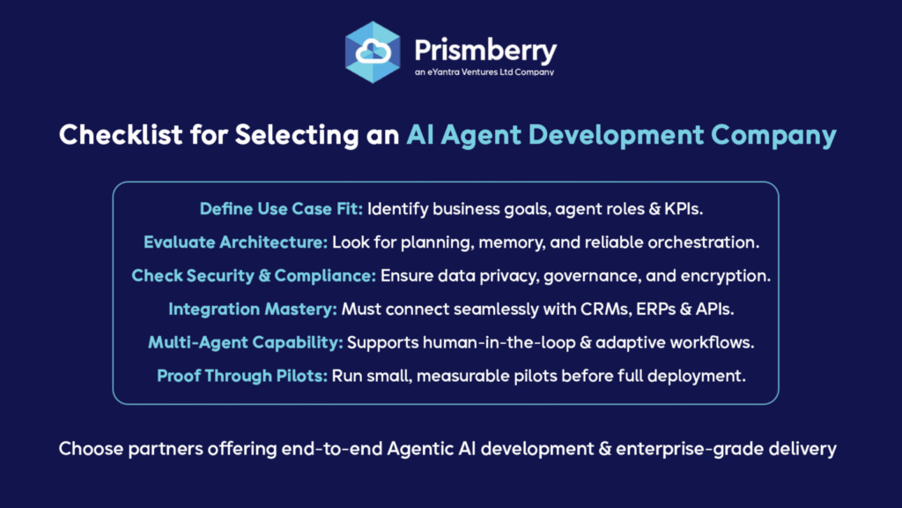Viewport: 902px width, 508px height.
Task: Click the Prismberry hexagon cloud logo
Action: (373, 52)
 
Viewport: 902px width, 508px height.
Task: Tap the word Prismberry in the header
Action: (485, 51)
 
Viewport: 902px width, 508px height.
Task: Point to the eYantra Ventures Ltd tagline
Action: (484, 72)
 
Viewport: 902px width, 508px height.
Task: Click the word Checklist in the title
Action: (121, 135)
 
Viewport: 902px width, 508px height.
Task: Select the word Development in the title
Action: (616, 136)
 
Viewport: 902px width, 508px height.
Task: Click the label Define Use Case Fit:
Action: (281, 208)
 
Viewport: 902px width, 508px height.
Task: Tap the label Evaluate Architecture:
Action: (235, 242)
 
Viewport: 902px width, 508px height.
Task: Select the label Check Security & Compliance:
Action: (254, 276)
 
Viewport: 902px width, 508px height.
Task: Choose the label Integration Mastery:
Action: (253, 310)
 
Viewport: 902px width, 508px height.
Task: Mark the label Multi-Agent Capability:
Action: (246, 343)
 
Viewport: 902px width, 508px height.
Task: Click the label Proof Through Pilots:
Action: (242, 376)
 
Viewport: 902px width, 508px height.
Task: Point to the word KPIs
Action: (684, 208)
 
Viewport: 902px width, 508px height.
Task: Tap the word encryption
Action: (726, 276)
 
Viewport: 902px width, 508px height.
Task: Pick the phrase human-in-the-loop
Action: (499, 343)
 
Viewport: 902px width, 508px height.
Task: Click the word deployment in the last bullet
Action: (697, 376)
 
